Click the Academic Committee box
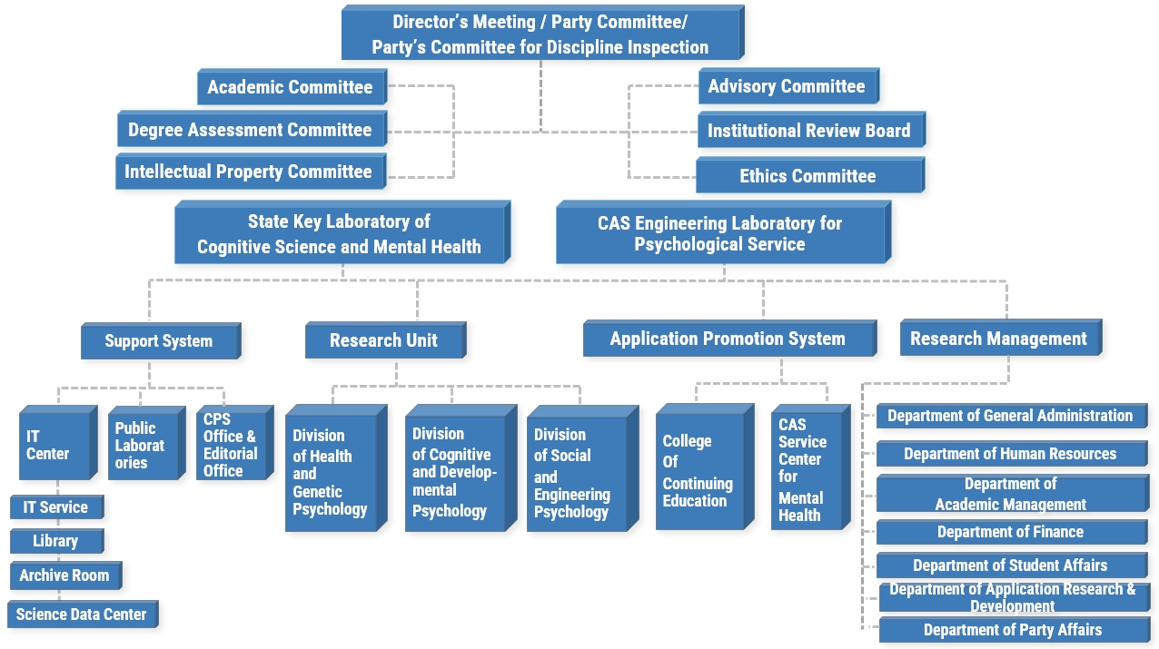click(291, 88)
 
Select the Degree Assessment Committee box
click(251, 131)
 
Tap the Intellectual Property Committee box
click(249, 172)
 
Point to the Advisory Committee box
click(787, 87)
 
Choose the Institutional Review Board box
click(809, 132)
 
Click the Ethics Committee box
click(807, 176)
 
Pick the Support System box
click(159, 342)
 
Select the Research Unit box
click(383, 341)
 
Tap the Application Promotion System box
click(728, 339)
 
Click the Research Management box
click(999, 339)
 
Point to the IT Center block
click(54, 446)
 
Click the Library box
click(55, 542)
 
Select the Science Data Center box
click(82, 615)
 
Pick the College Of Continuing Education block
click(699, 470)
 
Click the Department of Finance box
click(1011, 533)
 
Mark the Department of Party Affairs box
click(1013, 631)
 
